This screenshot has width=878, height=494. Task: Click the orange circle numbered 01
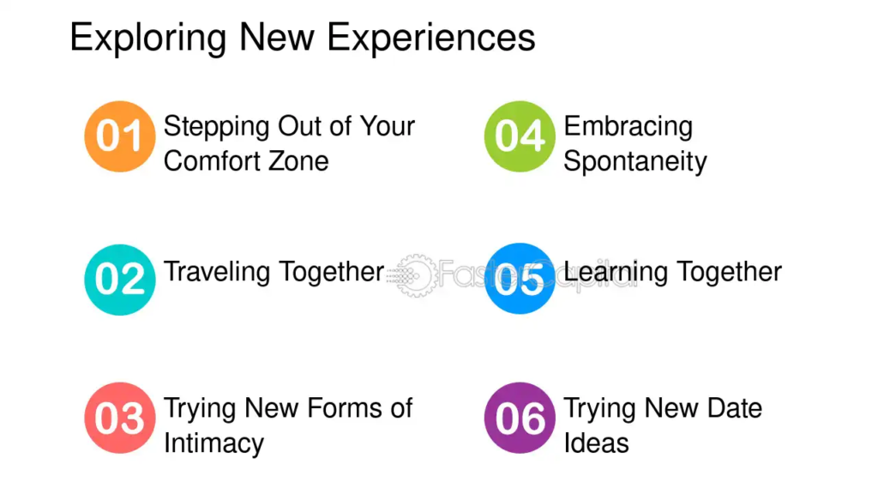click(120, 136)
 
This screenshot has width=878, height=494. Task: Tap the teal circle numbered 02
click(120, 279)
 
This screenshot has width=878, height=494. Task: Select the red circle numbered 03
click(120, 418)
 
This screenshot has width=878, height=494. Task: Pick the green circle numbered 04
click(520, 136)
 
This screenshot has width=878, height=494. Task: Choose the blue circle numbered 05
click(520, 279)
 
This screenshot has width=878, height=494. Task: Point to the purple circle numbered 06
click(520, 418)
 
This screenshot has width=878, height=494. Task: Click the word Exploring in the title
click(147, 38)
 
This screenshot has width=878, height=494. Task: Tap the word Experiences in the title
click(431, 38)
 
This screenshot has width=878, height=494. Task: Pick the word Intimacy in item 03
click(213, 444)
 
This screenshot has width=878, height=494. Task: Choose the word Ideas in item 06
click(597, 443)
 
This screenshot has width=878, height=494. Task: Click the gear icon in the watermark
click(416, 275)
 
